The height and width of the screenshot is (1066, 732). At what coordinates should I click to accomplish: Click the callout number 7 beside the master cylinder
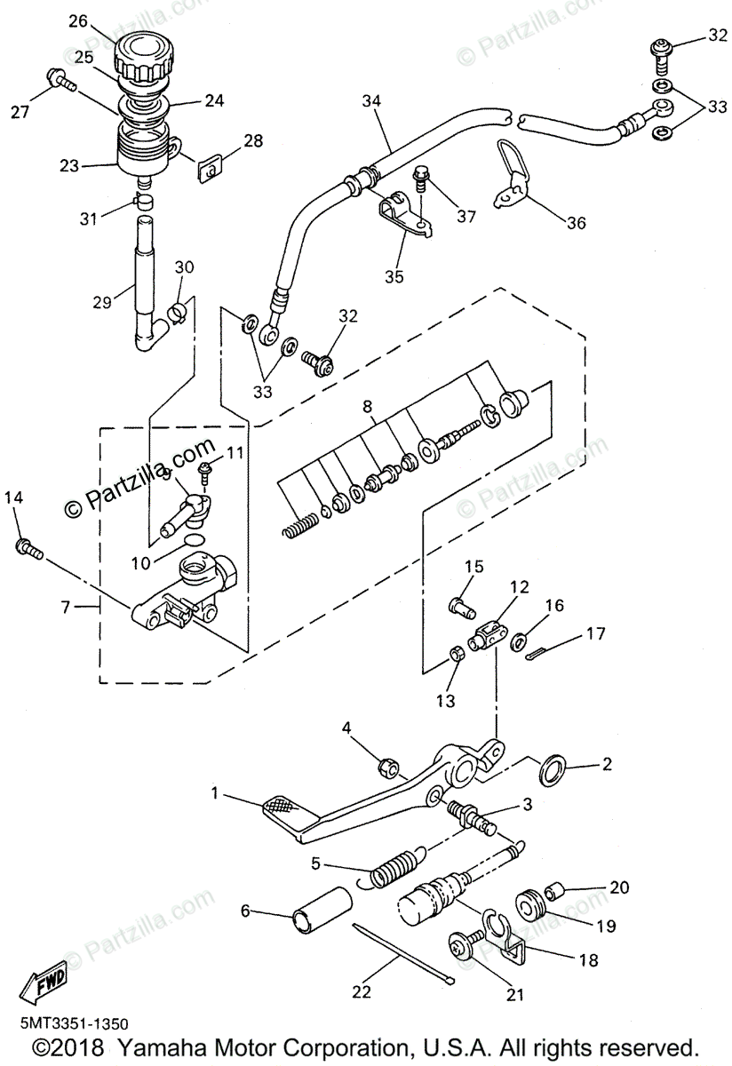(64, 607)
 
